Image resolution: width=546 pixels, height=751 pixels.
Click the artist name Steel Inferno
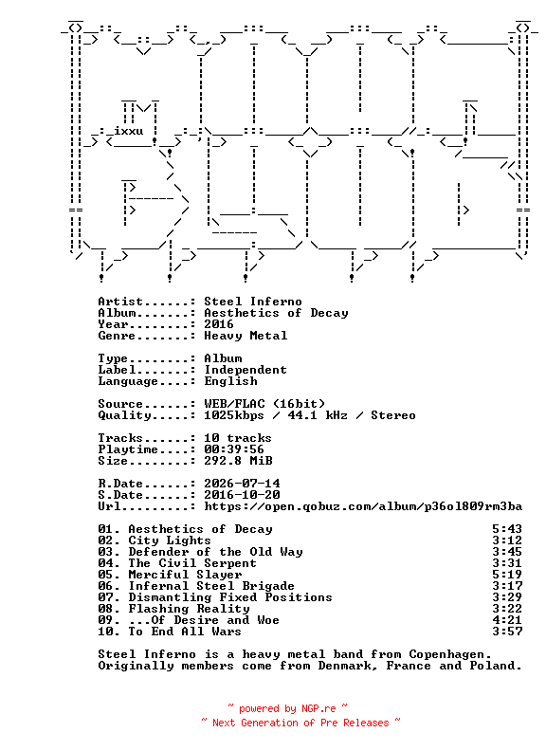click(x=253, y=302)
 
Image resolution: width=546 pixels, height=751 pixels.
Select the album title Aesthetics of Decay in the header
click(x=276, y=313)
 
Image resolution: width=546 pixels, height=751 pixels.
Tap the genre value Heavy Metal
click(x=246, y=336)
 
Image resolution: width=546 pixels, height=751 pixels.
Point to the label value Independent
click(x=246, y=370)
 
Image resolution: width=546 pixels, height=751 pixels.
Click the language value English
click(x=230, y=381)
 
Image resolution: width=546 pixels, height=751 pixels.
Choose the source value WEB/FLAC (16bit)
click(x=264, y=404)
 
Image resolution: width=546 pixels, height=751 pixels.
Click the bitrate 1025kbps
click(x=234, y=415)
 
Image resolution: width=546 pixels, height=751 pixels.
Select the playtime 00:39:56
click(x=234, y=449)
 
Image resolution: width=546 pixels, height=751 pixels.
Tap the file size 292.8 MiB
click(x=238, y=461)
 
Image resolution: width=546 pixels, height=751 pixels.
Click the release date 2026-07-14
click(x=242, y=484)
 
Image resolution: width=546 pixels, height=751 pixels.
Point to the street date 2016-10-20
click(x=242, y=495)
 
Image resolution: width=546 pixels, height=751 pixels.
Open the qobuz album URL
click(x=363, y=506)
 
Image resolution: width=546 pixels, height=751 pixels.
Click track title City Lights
click(x=170, y=540)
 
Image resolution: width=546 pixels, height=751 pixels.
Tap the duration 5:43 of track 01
click(x=507, y=529)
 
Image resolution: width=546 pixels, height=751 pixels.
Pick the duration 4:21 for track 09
click(x=507, y=620)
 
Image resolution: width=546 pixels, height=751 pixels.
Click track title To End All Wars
click(x=185, y=632)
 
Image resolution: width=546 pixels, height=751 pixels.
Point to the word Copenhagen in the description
click(x=450, y=654)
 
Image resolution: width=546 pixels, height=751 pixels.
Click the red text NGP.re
click(x=318, y=709)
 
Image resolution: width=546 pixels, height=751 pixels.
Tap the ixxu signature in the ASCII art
click(x=128, y=131)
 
